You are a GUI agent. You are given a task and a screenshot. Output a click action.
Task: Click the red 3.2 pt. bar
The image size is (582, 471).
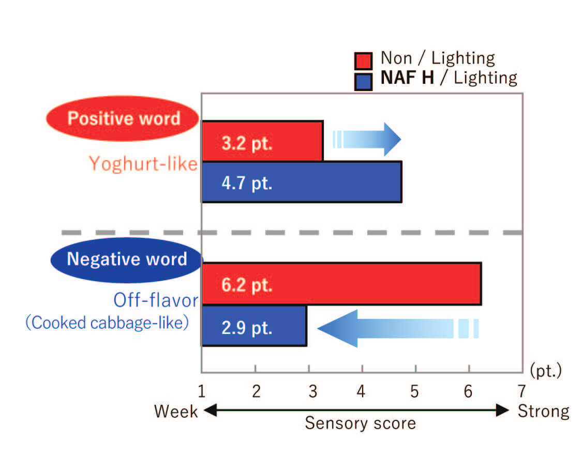coord(262,141)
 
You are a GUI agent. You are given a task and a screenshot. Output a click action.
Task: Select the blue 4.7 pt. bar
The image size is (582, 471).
coord(302,182)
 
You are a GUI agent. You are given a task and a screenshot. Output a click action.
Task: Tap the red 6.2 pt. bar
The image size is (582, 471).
coord(341,284)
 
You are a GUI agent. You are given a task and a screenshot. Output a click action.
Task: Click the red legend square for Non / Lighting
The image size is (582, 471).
coord(363,61)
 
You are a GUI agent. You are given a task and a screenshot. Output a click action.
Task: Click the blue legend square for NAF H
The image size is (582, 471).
coord(363,82)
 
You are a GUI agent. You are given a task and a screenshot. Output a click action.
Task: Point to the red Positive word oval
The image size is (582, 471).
coord(123,119)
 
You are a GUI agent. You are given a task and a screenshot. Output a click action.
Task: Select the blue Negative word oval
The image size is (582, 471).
coord(127,260)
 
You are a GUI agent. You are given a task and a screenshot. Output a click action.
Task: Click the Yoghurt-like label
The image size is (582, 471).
coord(143,163)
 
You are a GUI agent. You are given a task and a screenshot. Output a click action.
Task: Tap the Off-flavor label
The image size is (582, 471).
coord(156,300)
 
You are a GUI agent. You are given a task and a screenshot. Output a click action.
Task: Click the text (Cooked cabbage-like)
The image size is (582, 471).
coord(107,323)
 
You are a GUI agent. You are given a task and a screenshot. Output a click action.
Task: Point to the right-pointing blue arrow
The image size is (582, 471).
coord(367,139)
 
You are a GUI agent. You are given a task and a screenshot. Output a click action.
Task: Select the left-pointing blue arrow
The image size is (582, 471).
coord(398,329)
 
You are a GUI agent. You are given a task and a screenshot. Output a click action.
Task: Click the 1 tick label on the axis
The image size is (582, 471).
coord(202,391)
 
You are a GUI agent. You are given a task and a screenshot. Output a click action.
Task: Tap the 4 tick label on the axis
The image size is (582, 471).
coord(361,391)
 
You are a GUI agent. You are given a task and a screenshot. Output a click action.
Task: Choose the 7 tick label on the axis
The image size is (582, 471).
coord(522,391)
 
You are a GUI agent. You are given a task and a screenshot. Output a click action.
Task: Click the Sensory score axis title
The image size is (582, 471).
coord(361,423)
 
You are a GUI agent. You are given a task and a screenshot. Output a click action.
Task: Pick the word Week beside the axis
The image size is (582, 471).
coord(176,412)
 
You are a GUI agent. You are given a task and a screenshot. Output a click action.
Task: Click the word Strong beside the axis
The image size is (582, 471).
coord(543,412)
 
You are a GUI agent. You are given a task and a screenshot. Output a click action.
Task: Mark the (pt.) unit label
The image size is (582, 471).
coord(546,371)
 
